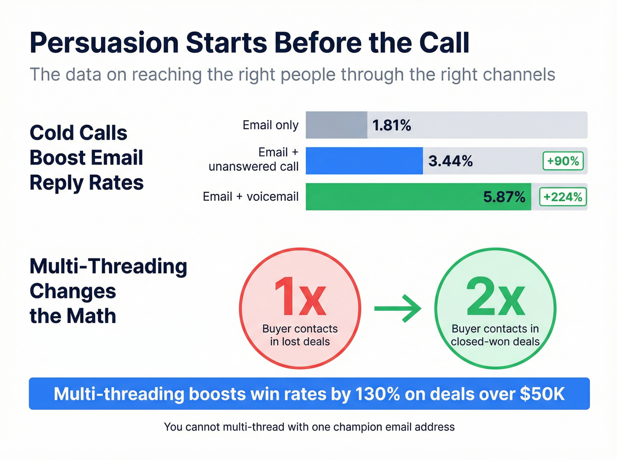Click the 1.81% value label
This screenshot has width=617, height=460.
(x=391, y=125)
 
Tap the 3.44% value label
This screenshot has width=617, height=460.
(x=450, y=161)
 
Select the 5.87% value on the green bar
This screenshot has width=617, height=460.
(x=504, y=197)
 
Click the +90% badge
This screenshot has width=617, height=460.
(x=563, y=161)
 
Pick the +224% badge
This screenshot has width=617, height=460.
(x=563, y=197)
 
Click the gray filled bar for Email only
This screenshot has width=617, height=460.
(x=336, y=125)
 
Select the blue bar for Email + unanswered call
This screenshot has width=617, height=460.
(x=364, y=161)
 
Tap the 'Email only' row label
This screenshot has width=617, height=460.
(x=270, y=125)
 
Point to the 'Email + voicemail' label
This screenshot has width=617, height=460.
(x=250, y=197)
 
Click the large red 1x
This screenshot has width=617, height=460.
(x=300, y=297)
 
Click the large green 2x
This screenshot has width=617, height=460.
(x=495, y=297)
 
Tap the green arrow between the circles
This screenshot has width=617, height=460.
(x=398, y=309)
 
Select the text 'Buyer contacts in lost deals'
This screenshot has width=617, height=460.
(x=300, y=335)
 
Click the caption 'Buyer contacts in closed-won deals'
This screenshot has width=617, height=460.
(x=495, y=335)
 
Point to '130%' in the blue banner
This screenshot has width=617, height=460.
(x=377, y=394)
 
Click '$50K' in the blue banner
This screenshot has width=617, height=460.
(x=542, y=394)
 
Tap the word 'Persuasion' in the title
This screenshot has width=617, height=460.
(x=104, y=43)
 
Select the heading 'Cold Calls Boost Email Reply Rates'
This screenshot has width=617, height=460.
(x=86, y=158)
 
